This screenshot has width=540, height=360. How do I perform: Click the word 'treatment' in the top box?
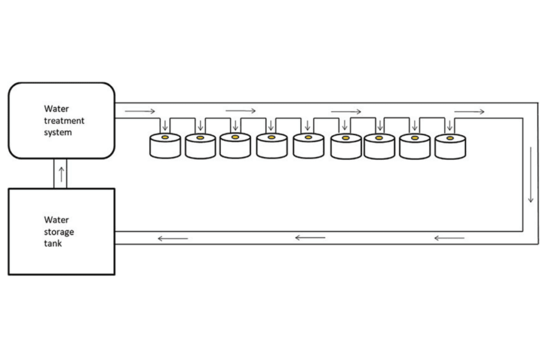[64, 121]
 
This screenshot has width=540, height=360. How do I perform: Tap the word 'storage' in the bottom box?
[59, 232]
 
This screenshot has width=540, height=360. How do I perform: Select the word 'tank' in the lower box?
[53, 243]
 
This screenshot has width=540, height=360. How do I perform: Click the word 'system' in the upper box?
[58, 132]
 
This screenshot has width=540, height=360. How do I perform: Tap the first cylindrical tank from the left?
[165, 146]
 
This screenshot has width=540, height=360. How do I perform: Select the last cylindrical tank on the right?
[450, 147]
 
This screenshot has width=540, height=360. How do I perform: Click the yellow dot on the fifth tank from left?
[308, 138]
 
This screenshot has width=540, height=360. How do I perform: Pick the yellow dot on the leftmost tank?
[165, 138]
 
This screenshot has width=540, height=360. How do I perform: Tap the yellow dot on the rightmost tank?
[450, 138]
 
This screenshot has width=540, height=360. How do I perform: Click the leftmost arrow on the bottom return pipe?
[172, 239]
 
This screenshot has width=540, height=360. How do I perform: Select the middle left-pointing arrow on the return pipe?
[310, 238]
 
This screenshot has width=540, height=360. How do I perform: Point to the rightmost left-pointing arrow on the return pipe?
[449, 238]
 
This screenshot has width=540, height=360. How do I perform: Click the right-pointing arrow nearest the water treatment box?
[140, 111]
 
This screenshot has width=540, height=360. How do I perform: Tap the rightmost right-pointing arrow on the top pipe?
[469, 111]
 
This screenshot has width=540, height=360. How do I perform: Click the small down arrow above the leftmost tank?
[165, 125]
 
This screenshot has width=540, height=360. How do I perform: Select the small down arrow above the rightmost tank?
[450, 125]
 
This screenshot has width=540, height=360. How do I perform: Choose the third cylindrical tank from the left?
[235, 146]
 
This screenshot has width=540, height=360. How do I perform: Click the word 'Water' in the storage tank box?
[56, 220]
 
